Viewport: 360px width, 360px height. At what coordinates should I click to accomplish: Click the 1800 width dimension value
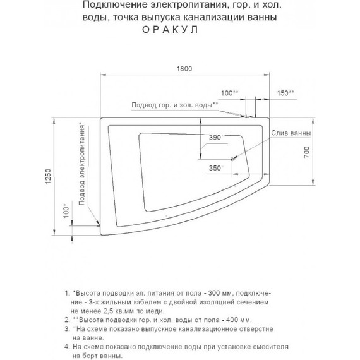(184, 69)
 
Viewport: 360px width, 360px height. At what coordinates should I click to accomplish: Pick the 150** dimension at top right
(285, 93)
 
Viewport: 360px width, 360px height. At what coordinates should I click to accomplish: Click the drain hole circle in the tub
(232, 159)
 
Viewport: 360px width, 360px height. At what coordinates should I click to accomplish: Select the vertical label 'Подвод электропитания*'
(82, 164)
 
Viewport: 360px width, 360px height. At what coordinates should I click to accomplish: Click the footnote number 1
(66, 294)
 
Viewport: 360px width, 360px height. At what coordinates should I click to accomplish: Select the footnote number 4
(66, 347)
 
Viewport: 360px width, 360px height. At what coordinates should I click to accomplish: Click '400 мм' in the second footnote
(237, 320)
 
